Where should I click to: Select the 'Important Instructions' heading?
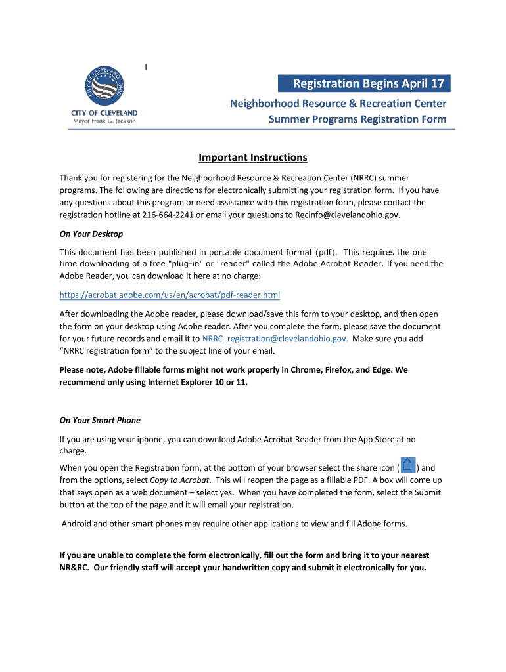click(253, 157)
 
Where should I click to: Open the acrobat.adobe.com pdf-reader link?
click(170, 295)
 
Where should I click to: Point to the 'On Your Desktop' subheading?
click(91, 234)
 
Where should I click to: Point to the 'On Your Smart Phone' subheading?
click(100, 421)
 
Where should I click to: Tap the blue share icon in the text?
click(408, 465)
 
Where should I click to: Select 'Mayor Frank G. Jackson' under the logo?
click(104, 121)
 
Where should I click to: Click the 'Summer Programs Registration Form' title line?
click(357, 119)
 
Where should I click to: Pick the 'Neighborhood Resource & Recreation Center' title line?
click(338, 104)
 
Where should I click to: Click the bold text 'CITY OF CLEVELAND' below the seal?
click(104, 113)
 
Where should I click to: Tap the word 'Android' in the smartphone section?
click(78, 524)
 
